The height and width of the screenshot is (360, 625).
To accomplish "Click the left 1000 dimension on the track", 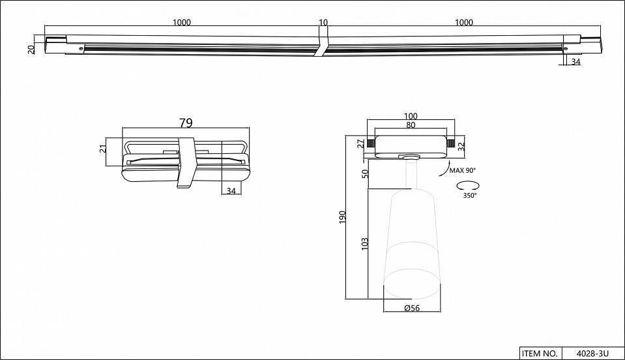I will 182,23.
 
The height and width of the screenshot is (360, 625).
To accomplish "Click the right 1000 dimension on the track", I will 463,23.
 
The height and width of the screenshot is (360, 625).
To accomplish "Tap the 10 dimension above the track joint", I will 323,23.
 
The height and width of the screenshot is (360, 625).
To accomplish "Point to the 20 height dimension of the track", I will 31,49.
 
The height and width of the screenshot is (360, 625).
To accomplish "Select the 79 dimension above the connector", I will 186,123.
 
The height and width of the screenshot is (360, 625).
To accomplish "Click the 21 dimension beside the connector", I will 103,149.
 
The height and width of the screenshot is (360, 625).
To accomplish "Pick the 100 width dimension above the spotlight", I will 411,117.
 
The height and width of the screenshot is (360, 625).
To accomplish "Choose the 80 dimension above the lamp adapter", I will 411,126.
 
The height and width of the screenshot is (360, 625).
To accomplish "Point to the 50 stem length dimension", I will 365,173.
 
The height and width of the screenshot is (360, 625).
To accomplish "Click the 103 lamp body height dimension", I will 365,243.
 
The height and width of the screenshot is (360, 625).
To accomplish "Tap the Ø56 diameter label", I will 411,308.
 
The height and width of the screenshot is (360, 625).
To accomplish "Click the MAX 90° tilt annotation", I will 463,171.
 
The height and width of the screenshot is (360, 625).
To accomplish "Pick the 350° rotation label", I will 469,195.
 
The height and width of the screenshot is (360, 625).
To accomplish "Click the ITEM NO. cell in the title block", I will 540,353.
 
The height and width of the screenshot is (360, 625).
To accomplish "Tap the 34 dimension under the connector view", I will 231,190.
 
